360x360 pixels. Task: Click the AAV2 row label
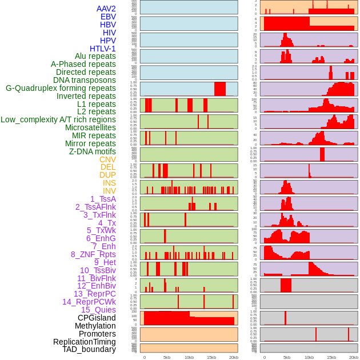pos(106,9)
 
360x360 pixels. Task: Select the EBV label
pos(108,17)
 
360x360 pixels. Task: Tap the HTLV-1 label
pos(103,49)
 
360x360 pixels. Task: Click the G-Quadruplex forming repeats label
pos(61,88)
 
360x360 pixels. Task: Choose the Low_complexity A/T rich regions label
pos(58,119)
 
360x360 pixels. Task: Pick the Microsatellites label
pos(90,127)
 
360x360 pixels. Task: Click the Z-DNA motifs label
pos(93,151)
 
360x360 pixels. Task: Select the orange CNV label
pos(107,159)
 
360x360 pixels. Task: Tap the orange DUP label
pos(107,175)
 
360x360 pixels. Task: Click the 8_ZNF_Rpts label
pos(93,254)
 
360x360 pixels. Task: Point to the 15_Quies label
pos(98,309)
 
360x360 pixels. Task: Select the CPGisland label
pos(97,318)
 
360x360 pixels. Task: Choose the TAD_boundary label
pos(89,349)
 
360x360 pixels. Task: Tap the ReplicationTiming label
pos(84,342)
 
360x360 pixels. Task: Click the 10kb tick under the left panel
pos(189,357)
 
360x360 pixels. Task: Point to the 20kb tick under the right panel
pos(354,357)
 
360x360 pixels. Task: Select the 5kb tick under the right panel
pos(286,357)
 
